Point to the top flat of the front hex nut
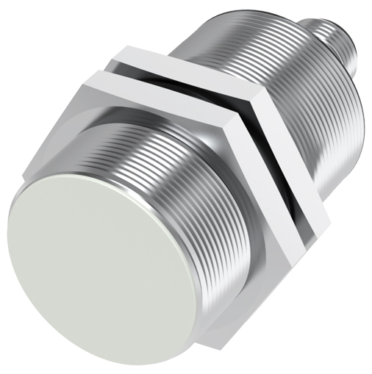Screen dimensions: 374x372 point(158,88)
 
